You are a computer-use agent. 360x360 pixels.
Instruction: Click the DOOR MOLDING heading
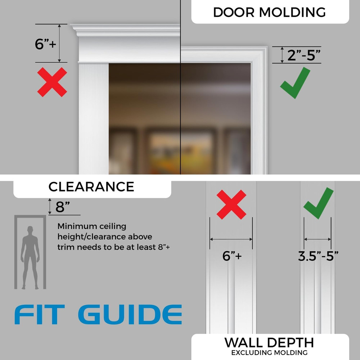269,12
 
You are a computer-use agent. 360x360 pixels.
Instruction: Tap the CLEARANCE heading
91,187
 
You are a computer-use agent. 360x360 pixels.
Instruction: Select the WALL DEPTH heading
269,342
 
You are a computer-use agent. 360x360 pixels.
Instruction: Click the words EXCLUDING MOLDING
269,352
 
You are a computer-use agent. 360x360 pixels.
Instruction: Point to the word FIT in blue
40,315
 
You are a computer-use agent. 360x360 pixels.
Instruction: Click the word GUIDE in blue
130,315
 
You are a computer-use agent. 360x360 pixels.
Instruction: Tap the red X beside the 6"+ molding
52,82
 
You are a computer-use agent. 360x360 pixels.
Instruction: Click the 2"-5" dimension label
303,55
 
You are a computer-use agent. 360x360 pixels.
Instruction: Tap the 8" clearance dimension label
63,207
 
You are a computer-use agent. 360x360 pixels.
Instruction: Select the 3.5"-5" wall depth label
318,256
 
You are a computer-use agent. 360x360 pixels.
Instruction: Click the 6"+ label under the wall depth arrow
232,256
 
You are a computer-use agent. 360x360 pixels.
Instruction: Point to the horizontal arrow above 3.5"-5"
318,239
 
